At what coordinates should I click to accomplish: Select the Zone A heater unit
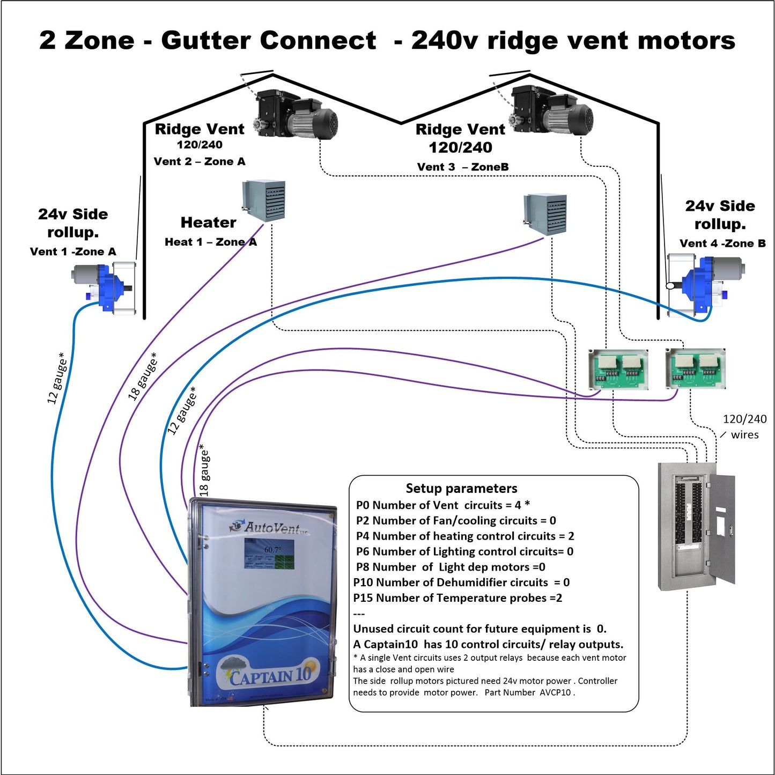(x=264, y=201)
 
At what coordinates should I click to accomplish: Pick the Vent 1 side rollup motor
(x=104, y=288)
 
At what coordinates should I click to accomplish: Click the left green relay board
(x=618, y=369)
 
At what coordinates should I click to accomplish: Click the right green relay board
(x=695, y=368)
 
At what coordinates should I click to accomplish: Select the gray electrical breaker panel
(x=696, y=526)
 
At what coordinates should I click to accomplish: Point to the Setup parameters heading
(x=461, y=488)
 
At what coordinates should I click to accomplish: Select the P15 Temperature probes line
(x=457, y=598)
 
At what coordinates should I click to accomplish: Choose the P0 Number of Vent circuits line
(x=443, y=505)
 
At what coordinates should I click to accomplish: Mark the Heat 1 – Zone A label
(x=210, y=242)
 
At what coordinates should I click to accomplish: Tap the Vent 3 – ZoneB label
(x=462, y=167)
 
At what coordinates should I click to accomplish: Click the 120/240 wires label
(x=744, y=427)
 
